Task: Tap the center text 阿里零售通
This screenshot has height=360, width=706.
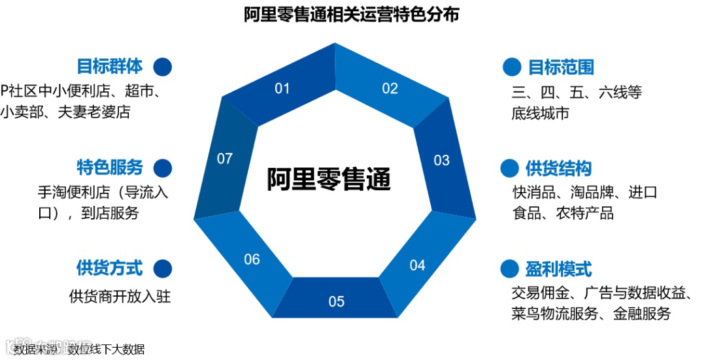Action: [x=328, y=178]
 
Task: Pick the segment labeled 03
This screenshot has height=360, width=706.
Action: [x=442, y=160]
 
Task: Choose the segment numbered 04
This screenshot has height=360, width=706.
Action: [x=417, y=265]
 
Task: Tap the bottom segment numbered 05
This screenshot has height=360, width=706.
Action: [x=336, y=301]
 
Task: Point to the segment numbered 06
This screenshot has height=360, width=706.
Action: [x=252, y=259]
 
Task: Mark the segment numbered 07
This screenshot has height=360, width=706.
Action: [x=225, y=159]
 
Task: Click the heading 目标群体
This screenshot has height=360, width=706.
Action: [x=109, y=67]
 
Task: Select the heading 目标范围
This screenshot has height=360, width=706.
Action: [x=561, y=67]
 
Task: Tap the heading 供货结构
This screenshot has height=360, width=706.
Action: [x=558, y=169]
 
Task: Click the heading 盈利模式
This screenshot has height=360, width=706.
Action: [x=558, y=269]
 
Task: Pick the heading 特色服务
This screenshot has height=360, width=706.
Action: [x=109, y=167]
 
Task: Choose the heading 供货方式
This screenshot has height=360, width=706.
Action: [x=109, y=268]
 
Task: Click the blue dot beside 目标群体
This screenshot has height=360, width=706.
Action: [x=162, y=67]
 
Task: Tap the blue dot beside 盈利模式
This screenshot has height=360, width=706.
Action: [x=509, y=269]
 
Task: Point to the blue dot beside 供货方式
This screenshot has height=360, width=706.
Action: [x=162, y=268]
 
